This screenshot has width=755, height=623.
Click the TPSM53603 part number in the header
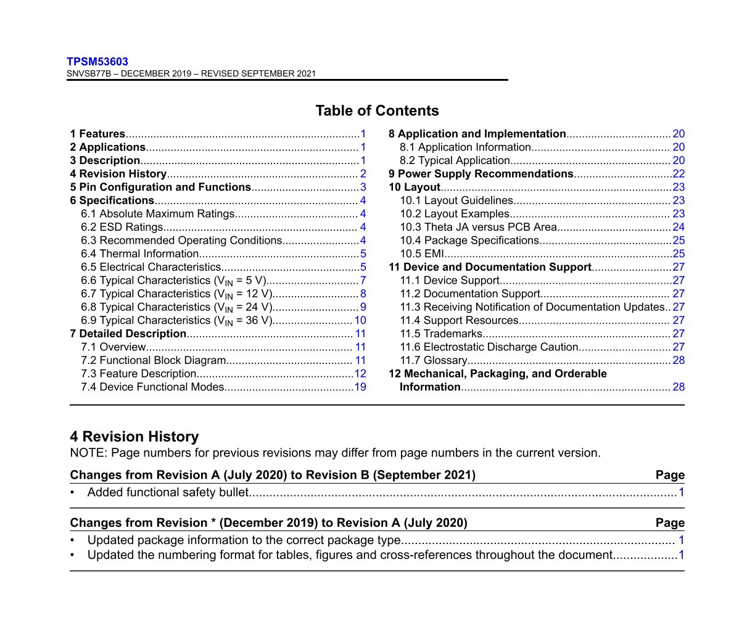click(x=97, y=62)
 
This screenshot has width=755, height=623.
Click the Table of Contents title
click(x=377, y=111)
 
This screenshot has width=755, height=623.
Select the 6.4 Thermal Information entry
click(x=140, y=254)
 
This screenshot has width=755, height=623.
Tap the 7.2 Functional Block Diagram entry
click(x=154, y=360)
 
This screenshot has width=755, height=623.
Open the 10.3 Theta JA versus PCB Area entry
click(x=478, y=227)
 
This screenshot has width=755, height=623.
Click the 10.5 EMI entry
click(x=422, y=254)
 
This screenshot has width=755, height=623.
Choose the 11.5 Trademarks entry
click(x=441, y=334)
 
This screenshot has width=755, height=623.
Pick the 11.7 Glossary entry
click(x=433, y=360)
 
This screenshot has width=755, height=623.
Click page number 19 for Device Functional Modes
click(x=360, y=387)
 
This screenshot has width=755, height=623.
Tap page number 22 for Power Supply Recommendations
click(x=679, y=174)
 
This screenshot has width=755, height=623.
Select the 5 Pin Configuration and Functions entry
click(x=160, y=187)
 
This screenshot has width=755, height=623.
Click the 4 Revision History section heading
click(x=134, y=437)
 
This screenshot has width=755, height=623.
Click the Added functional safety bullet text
click(x=168, y=492)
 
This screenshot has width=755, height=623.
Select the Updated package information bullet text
click(x=244, y=540)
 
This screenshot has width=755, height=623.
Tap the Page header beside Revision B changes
click(x=670, y=475)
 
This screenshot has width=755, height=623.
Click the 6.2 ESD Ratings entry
click(x=122, y=227)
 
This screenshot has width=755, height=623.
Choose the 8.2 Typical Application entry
click(x=455, y=160)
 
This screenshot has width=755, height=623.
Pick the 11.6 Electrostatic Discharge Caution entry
click(x=489, y=347)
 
